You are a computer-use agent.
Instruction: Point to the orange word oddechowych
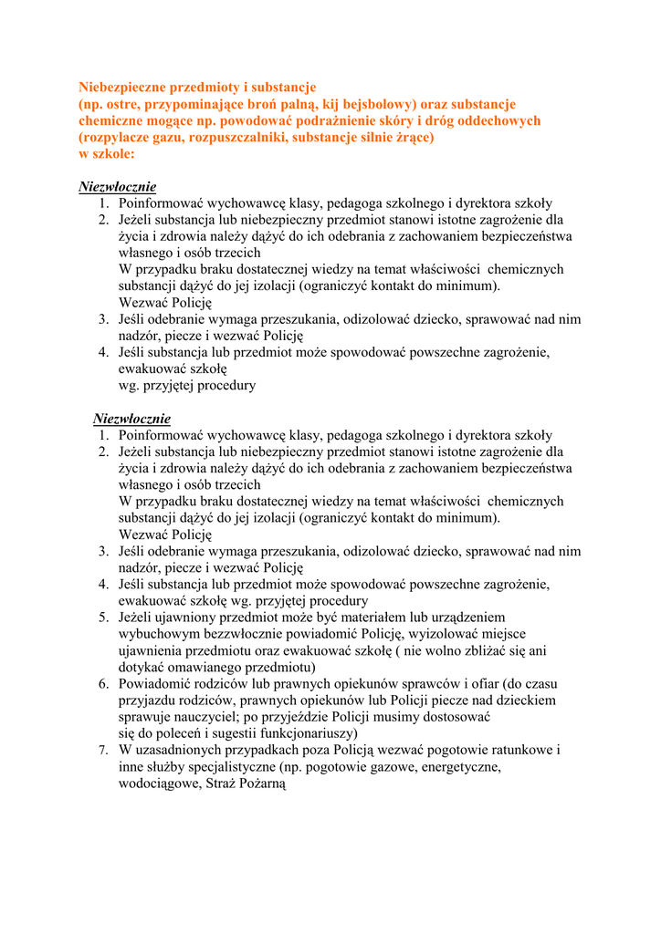pyautogui.click(x=498, y=120)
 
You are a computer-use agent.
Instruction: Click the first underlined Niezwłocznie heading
pyautogui.click(x=118, y=187)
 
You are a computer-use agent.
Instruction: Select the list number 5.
pyautogui.click(x=104, y=617)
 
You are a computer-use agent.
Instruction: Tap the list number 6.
pyautogui.click(x=104, y=683)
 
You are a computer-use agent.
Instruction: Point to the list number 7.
pyautogui.click(x=104, y=749)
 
